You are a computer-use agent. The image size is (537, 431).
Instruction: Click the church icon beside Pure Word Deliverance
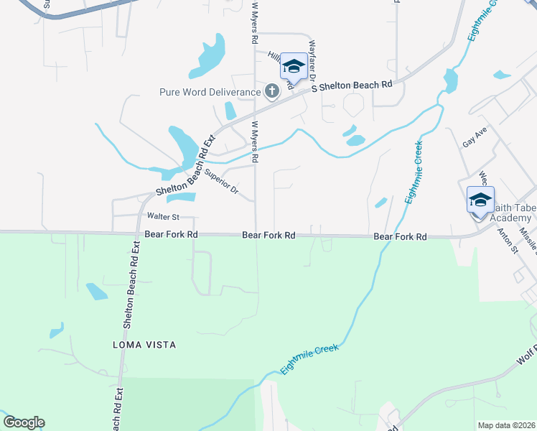(x=271, y=91)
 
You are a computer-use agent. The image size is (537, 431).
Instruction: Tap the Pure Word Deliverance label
(x=210, y=92)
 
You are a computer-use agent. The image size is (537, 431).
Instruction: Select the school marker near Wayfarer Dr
(x=293, y=67)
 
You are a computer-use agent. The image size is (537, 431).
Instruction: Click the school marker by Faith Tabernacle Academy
(x=480, y=199)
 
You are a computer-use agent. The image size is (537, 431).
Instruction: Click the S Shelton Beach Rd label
(x=352, y=85)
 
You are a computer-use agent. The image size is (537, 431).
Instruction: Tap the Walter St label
(x=162, y=216)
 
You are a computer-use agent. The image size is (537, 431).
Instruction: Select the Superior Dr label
(x=222, y=182)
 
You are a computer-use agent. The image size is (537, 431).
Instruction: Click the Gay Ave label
(x=475, y=137)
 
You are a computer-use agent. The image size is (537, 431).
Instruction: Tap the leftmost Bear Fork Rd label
(x=171, y=235)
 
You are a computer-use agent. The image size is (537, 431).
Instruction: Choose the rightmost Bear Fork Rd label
(x=400, y=236)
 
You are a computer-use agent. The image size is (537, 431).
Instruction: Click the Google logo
(x=23, y=422)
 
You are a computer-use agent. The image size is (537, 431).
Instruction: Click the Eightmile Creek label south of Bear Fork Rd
(x=309, y=358)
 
